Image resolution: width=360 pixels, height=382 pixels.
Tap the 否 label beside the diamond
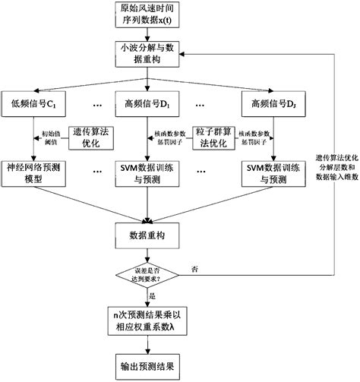[197, 269]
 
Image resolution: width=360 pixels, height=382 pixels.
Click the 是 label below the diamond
[154, 295]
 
